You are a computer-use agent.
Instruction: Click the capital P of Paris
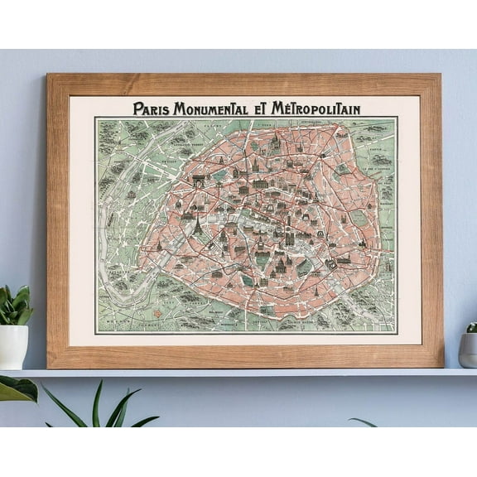coord(137,108)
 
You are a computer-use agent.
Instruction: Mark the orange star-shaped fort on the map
coord(152,314)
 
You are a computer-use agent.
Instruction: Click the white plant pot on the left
coord(12,346)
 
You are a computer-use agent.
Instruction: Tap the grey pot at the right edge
coord(469,349)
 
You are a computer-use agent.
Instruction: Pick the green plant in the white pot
coord(14,305)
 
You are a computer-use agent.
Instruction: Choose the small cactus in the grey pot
coord(472,328)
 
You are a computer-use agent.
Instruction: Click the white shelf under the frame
coord(248,373)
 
